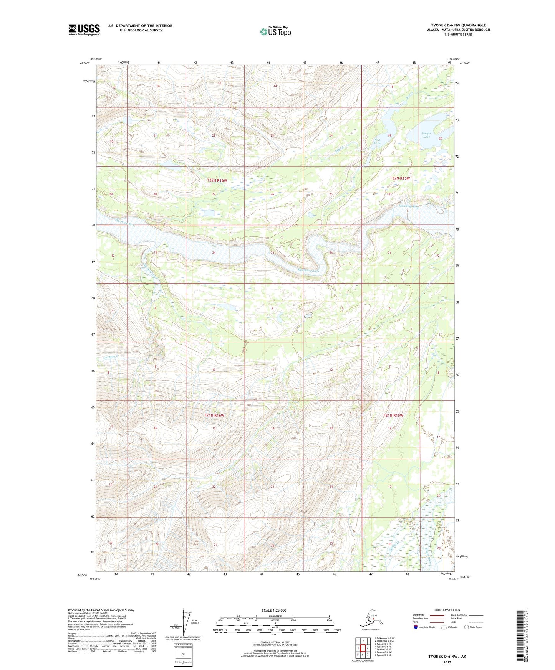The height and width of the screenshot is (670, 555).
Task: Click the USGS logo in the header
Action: click(x=84, y=30)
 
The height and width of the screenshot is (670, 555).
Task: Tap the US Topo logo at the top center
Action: click(x=275, y=31)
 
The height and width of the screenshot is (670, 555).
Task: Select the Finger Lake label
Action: click(x=427, y=135)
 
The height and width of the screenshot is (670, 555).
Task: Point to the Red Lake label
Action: click(x=377, y=141)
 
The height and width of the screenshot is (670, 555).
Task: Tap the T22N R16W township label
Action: click(x=217, y=180)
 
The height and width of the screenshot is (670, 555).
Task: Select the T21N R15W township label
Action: click(x=393, y=415)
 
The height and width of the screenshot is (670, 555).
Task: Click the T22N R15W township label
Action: click(x=400, y=178)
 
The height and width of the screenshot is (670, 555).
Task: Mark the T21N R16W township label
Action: click(x=214, y=415)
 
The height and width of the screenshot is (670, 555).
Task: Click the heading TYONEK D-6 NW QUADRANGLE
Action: click(x=458, y=25)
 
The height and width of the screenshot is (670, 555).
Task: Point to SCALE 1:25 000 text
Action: click(x=274, y=610)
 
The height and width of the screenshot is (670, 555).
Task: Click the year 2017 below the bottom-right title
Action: click(x=447, y=662)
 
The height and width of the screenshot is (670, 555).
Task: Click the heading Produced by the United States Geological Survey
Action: click(x=101, y=610)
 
